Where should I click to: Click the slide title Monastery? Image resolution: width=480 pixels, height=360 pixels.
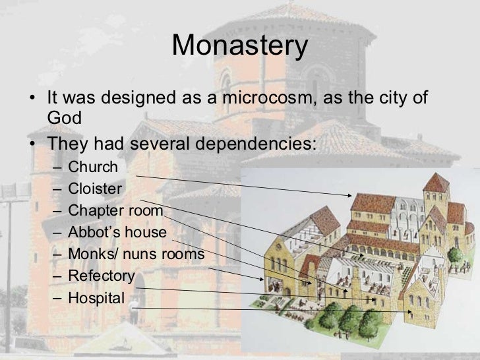pyautogui.click(x=240, y=46)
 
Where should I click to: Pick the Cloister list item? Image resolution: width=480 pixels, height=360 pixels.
pyautogui.click(x=95, y=189)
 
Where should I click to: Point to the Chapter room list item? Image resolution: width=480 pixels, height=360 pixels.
pyautogui.click(x=115, y=211)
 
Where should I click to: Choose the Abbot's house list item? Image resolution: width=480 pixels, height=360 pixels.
pyautogui.click(x=117, y=233)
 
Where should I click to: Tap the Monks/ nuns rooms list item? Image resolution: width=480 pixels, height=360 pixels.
pyautogui.click(x=136, y=255)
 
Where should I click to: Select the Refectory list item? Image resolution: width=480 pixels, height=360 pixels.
pyautogui.click(x=102, y=276)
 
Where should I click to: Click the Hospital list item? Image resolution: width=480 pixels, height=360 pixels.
pyautogui.click(x=96, y=298)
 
